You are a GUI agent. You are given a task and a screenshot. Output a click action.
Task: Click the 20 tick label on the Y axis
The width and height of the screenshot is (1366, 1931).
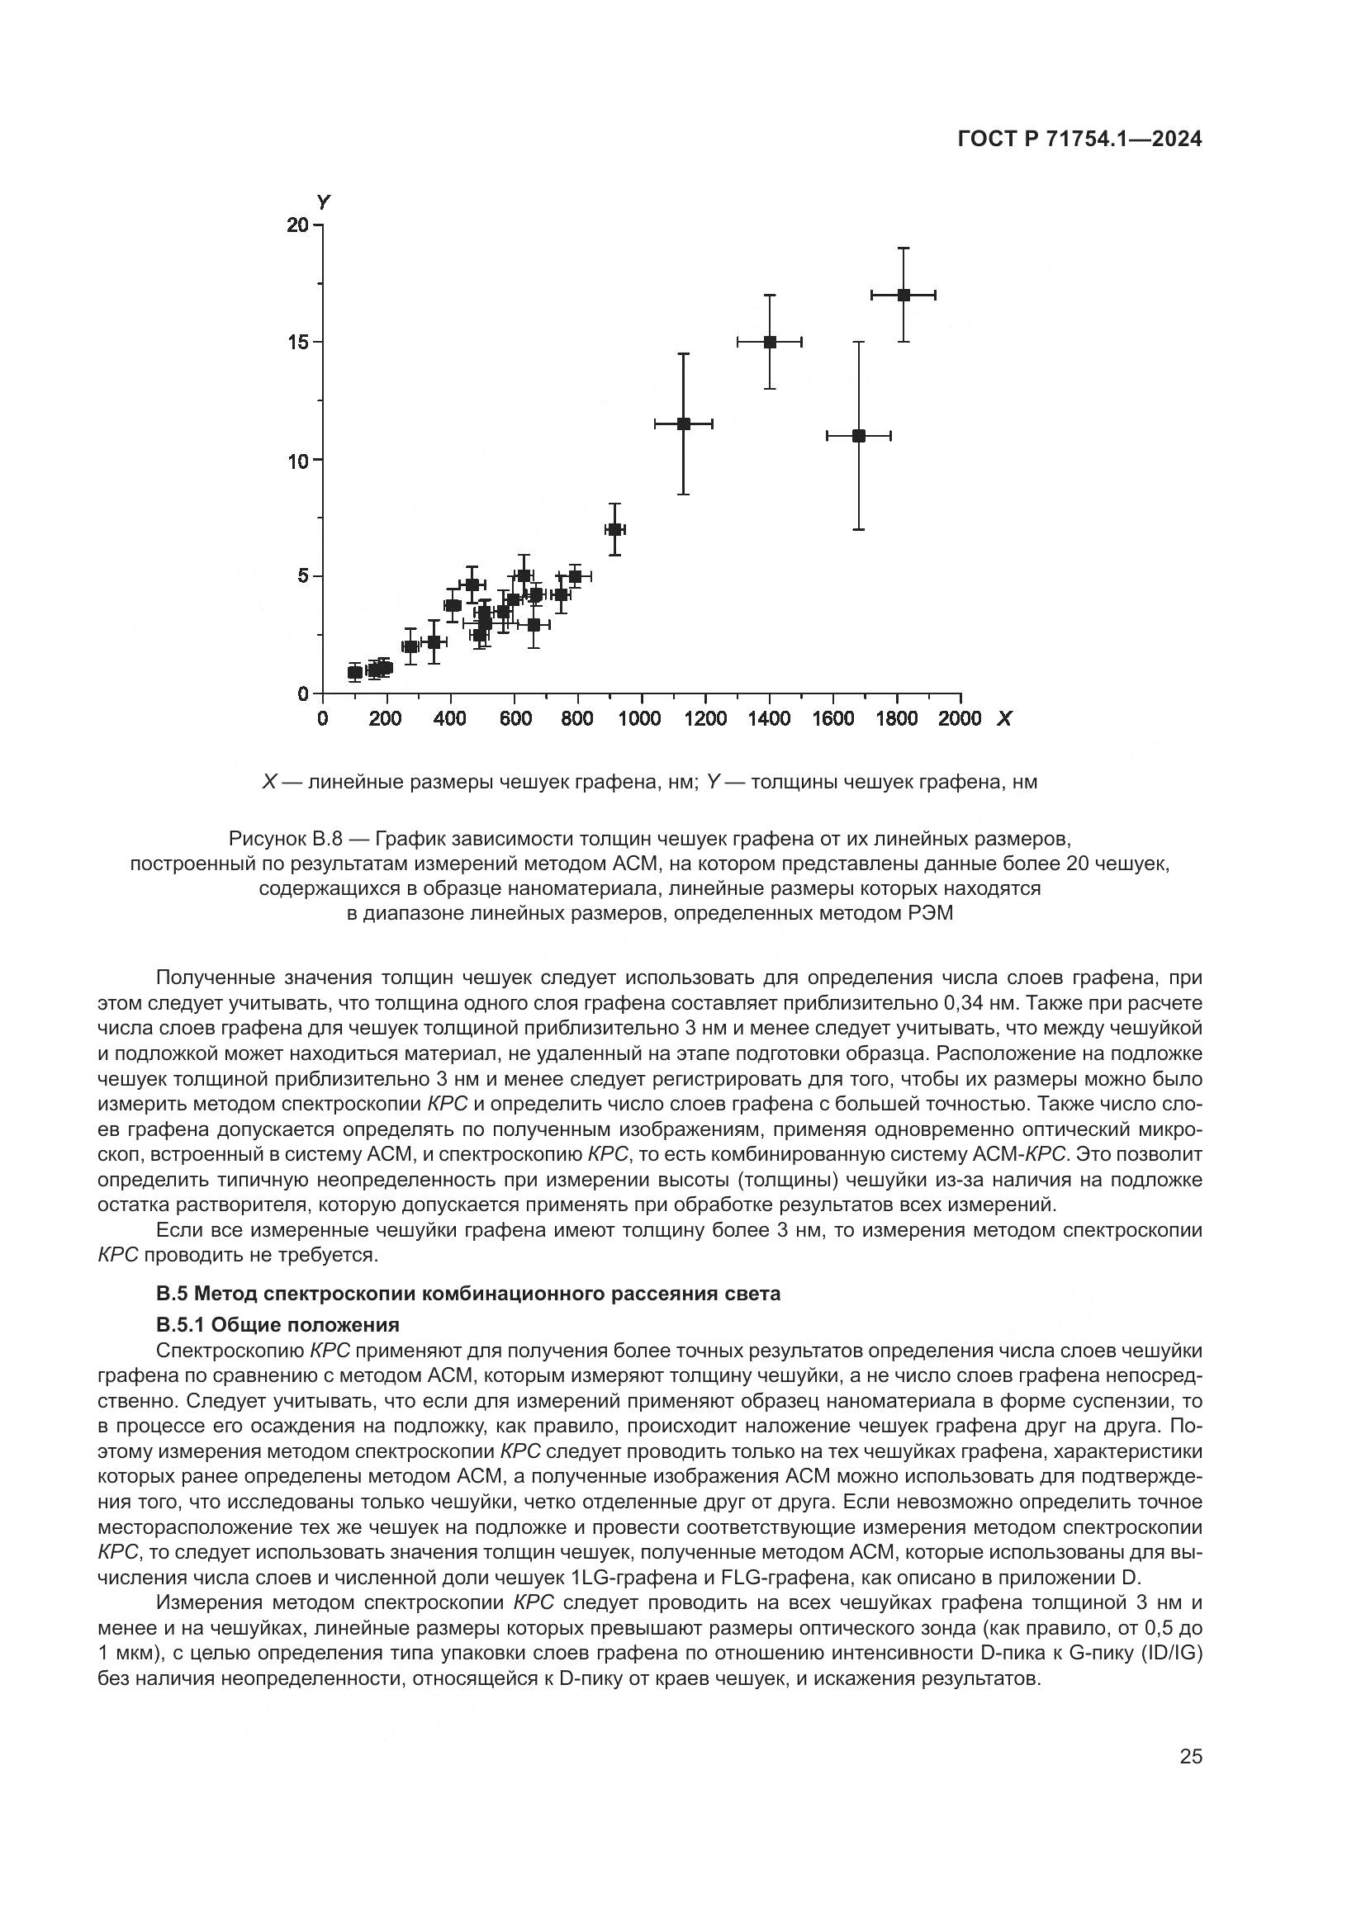[x=298, y=225]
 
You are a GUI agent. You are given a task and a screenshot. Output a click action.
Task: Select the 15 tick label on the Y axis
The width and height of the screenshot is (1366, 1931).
[x=298, y=343]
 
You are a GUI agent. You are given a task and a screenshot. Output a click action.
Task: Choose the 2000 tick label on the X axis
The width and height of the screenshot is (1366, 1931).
[x=960, y=719]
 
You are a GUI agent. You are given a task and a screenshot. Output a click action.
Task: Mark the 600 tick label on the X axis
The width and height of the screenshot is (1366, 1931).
[x=515, y=719]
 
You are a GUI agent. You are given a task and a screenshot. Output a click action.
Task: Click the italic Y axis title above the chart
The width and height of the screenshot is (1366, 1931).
[x=323, y=201]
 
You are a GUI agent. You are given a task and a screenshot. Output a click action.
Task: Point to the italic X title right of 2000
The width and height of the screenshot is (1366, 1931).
[x=1003, y=719]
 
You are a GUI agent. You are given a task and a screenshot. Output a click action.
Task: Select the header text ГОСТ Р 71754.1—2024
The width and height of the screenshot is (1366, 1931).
[x=1080, y=140]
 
